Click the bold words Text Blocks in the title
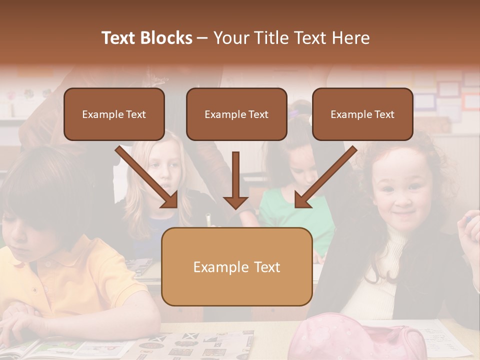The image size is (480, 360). [x=147, y=38]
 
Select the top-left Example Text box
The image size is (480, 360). [x=114, y=114]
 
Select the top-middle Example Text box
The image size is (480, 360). [x=236, y=114]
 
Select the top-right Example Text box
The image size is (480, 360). [x=362, y=114]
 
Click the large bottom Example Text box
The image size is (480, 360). [x=237, y=267]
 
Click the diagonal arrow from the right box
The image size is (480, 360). [x=325, y=177]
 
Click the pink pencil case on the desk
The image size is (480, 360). [x=360, y=337]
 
